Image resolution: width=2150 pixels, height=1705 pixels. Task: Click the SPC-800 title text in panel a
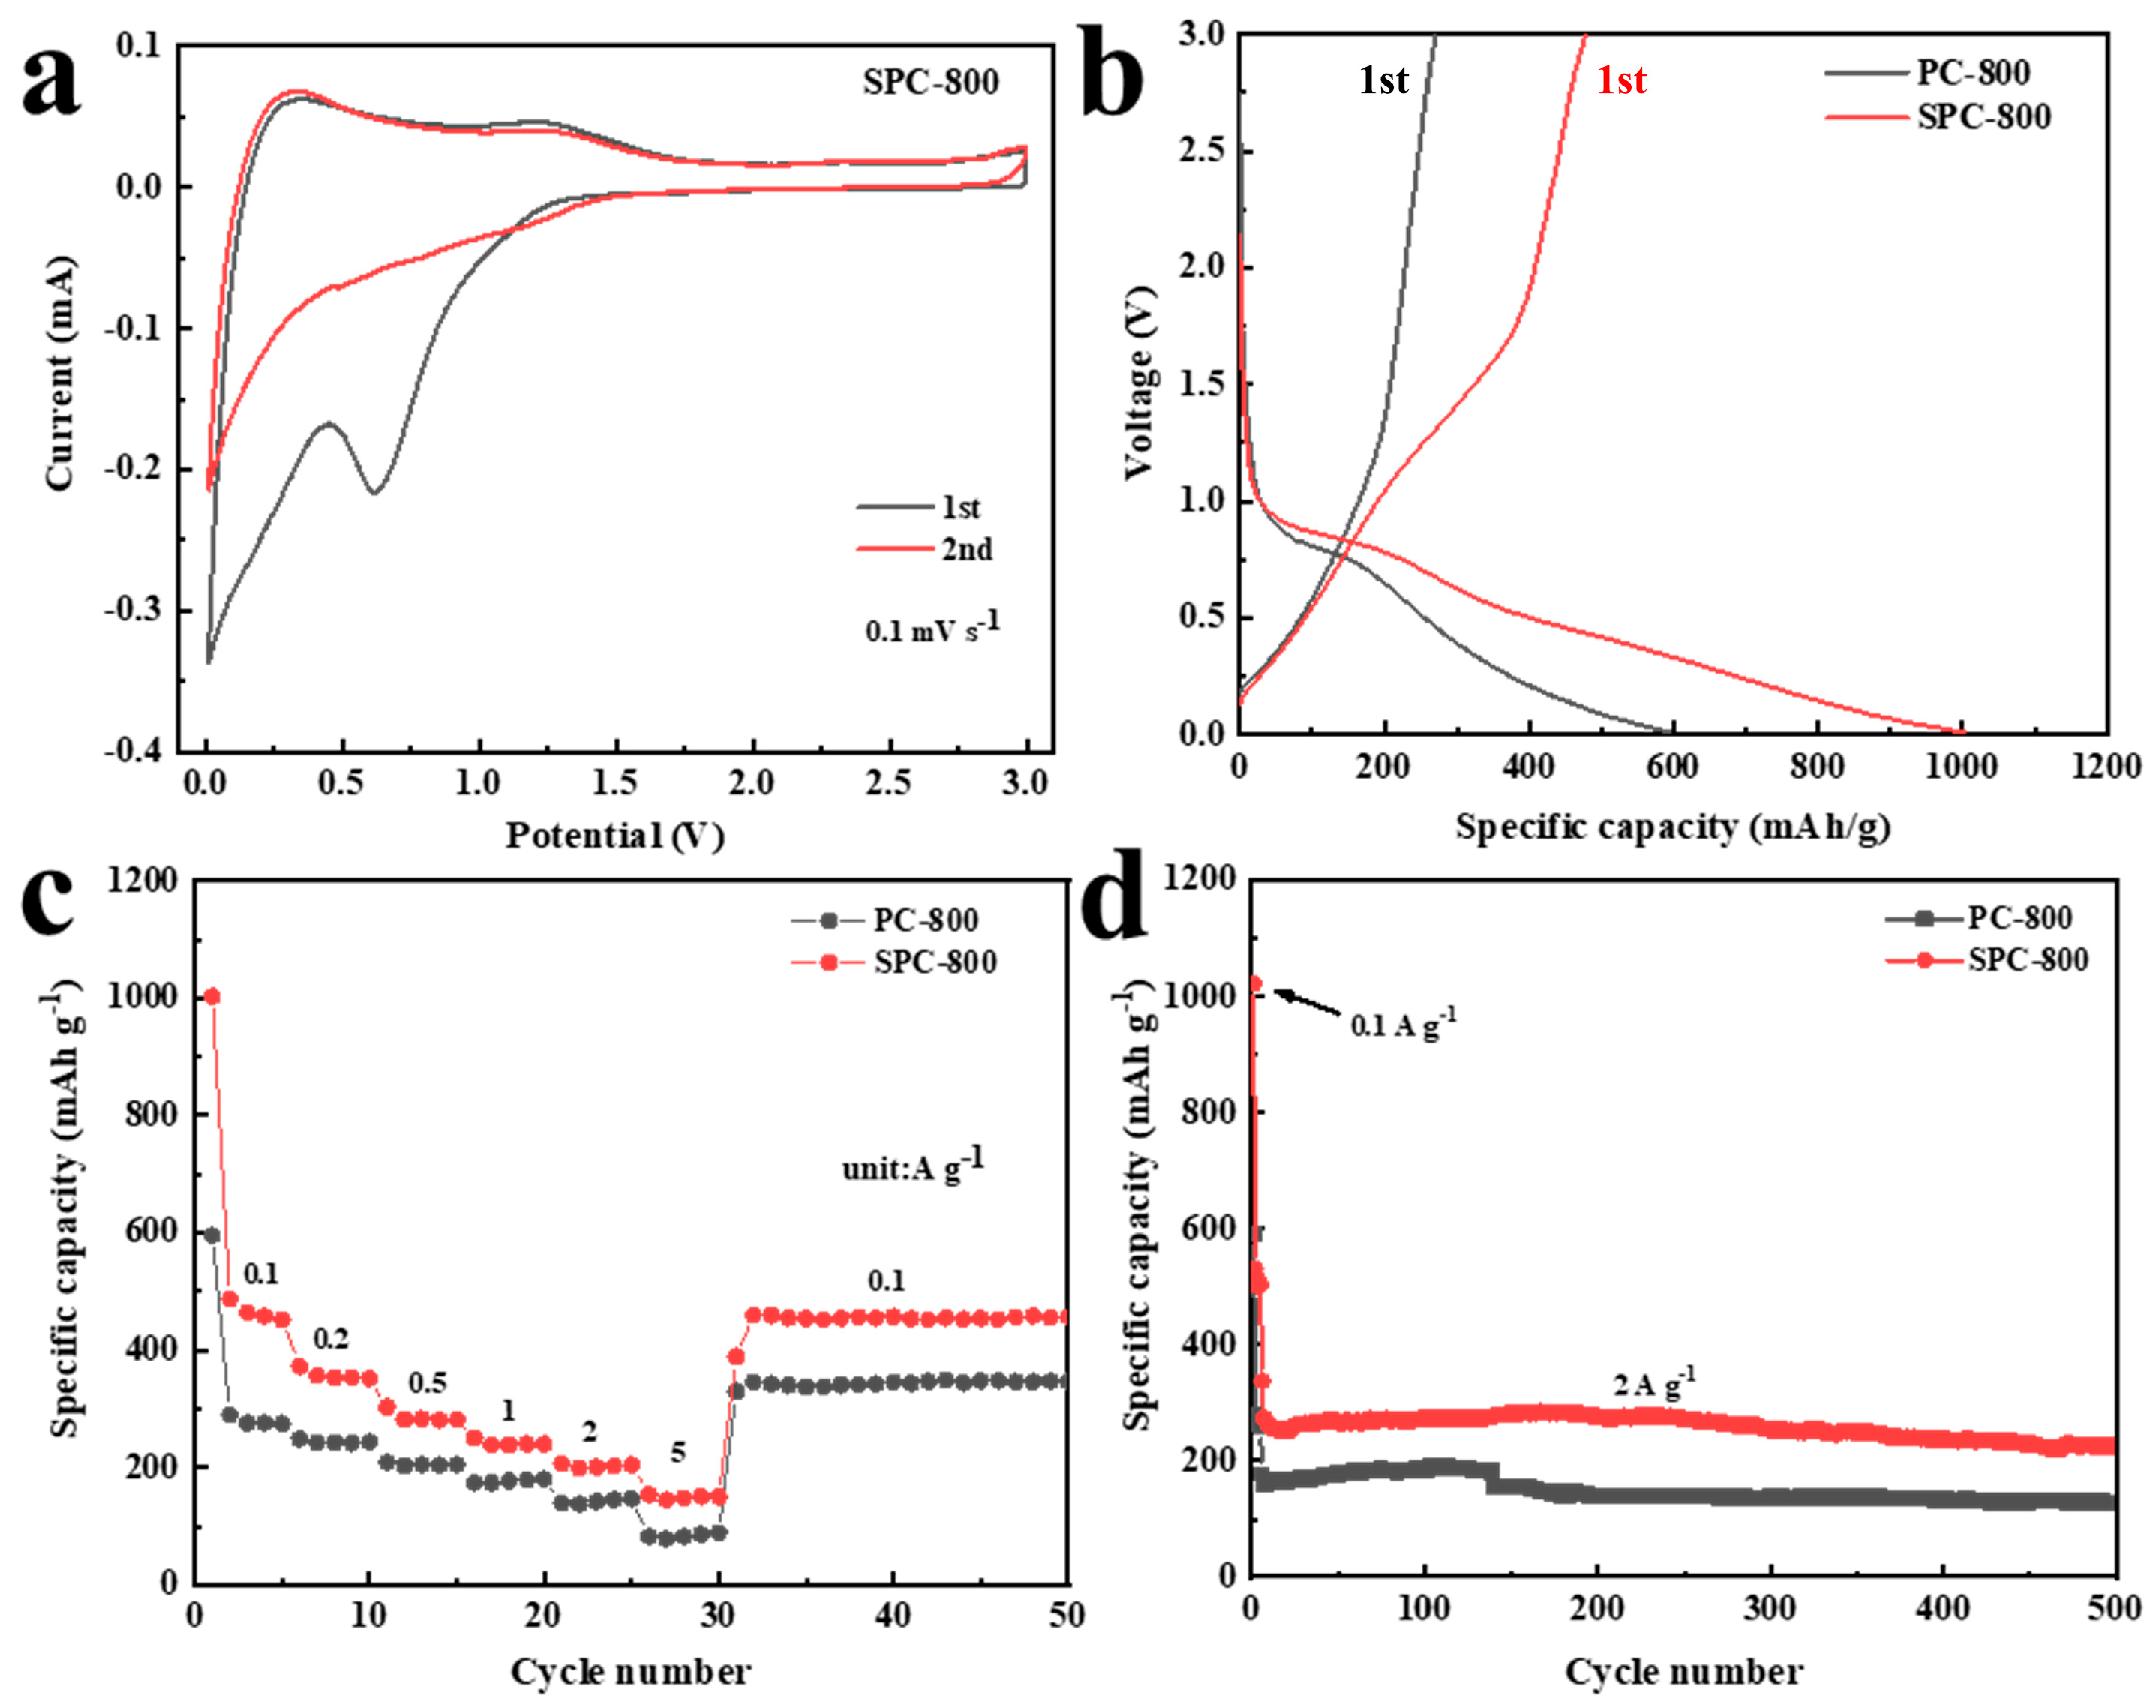tap(930, 82)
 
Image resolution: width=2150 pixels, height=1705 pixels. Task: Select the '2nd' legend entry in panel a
tap(965, 549)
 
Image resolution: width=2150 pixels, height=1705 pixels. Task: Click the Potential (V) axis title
tap(614, 836)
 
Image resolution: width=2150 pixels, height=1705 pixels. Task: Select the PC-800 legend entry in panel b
tap(1972, 73)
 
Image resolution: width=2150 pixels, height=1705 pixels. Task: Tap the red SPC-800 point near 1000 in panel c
tap(212, 996)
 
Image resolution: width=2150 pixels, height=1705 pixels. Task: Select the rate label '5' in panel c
tap(678, 1451)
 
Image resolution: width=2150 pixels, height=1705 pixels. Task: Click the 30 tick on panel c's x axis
tap(717, 1614)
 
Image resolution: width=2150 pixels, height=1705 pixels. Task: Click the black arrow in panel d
tap(1308, 1002)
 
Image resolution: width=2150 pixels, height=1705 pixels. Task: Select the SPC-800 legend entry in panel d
tap(2026, 960)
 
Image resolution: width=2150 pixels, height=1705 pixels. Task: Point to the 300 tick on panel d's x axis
tap(1770, 1608)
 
